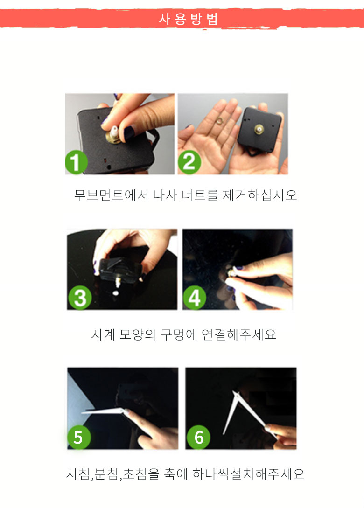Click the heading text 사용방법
point(188,19)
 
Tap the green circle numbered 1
point(76,163)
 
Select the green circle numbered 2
point(189,162)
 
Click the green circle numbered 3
point(80,299)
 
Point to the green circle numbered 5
point(78,438)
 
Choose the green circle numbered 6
point(198,438)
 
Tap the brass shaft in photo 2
point(259,129)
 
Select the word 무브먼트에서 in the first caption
point(111,195)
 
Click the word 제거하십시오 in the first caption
point(259,195)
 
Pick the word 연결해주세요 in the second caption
point(239,334)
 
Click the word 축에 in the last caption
point(175,473)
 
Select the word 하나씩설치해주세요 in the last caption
point(249,473)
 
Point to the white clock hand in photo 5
point(103,411)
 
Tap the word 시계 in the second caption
point(103,334)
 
